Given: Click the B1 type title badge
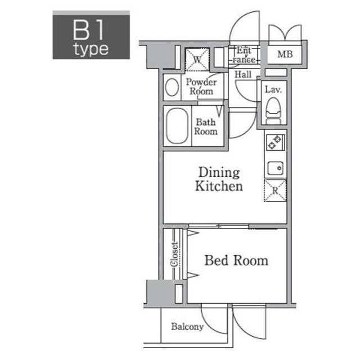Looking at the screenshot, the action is [91, 35].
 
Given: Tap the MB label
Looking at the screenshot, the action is [285, 55].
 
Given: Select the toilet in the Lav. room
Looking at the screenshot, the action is [273, 111].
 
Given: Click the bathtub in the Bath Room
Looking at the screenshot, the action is [177, 126].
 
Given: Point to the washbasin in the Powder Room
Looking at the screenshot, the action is [172, 87].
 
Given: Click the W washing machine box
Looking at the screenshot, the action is [197, 60].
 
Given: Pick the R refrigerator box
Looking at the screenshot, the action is [275, 190].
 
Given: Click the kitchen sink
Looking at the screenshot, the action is [276, 168].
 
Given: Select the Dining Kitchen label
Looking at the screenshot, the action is [219, 179].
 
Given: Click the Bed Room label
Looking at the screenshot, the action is [236, 260].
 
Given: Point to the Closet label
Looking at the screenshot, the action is [174, 254].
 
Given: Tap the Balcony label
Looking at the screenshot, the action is [187, 327].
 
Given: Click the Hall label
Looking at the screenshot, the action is [243, 74].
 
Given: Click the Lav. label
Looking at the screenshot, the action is [273, 89].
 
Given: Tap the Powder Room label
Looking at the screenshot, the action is [201, 87].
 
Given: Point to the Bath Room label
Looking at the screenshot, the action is [206, 127].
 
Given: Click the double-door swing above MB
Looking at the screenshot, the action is [285, 33].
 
